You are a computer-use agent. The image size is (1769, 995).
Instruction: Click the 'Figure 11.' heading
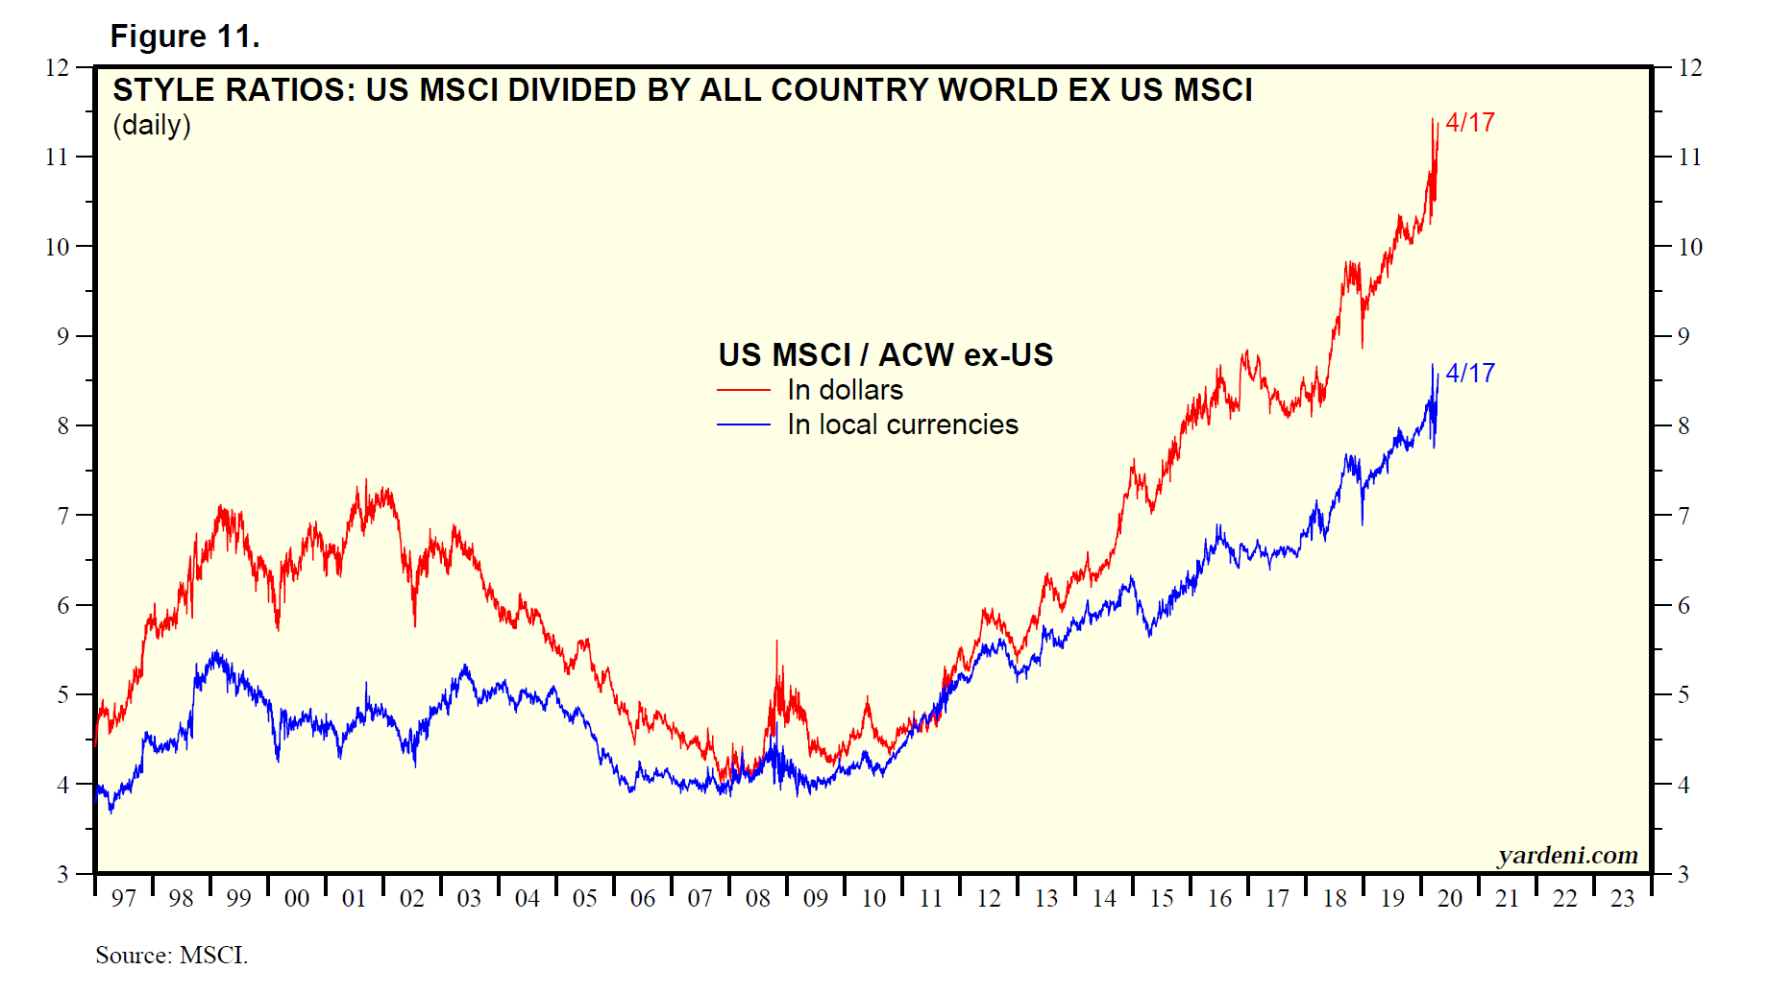184,36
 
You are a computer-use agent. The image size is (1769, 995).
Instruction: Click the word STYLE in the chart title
163,90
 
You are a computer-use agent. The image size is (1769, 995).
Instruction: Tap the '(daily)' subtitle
152,125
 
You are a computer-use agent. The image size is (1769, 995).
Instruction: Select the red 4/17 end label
1470,123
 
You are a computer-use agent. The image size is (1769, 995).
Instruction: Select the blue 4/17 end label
1470,373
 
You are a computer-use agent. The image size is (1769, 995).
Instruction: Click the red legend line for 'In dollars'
743,390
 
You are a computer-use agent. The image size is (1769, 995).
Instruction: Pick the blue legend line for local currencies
743,425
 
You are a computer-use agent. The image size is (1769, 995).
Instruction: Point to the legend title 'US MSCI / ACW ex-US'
885,355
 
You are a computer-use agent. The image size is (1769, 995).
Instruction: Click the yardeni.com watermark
1567,855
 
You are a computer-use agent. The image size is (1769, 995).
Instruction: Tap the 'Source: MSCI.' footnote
171,956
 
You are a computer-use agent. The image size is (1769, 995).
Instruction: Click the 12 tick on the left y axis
58,67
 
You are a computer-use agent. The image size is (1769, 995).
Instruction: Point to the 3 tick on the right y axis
1683,875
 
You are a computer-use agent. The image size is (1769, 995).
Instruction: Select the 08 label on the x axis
758,899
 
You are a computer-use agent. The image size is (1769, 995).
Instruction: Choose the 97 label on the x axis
123,899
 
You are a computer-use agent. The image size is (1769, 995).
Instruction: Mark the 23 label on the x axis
1623,899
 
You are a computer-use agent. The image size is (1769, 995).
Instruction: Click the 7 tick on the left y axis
63,516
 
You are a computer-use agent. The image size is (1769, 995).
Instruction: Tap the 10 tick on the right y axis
1689,247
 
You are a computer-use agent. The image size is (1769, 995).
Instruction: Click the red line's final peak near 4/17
1433,120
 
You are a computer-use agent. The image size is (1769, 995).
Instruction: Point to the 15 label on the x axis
1162,899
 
